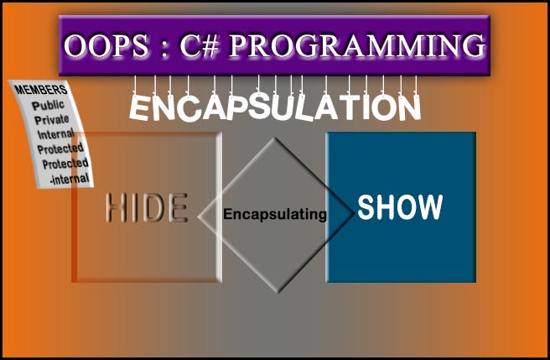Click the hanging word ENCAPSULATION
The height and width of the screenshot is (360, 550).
tap(275, 107)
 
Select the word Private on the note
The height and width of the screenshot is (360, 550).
tap(51, 119)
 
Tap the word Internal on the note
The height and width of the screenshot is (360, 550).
tap(56, 134)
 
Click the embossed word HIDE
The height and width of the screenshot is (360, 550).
tap(146, 207)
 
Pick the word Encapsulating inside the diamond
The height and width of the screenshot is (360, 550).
tap(275, 215)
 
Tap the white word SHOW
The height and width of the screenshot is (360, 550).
tap(400, 206)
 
